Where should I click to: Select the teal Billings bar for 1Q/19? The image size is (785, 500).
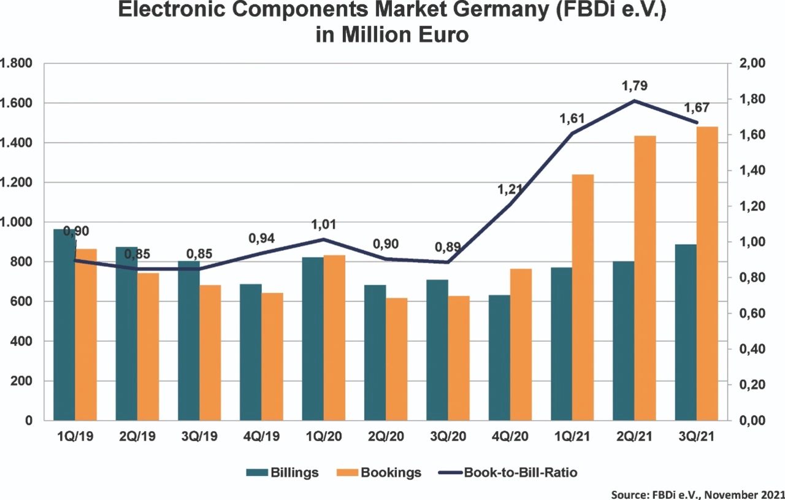pyautogui.click(x=64, y=325)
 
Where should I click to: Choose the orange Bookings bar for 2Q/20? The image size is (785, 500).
pyautogui.click(x=396, y=359)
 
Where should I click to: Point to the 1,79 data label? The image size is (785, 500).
pyautogui.click(x=634, y=85)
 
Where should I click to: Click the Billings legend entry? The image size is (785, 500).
pyautogui.click(x=282, y=472)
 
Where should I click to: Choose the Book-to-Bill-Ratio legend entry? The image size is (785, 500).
pyautogui.click(x=508, y=472)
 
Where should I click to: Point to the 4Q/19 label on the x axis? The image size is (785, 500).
pyautogui.click(x=261, y=437)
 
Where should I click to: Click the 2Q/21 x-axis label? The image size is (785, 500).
pyautogui.click(x=634, y=437)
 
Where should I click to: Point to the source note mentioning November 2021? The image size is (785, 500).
pyautogui.click(x=697, y=494)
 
